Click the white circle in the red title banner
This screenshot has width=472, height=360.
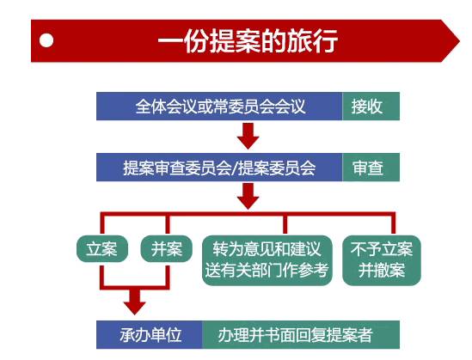coord(46,40)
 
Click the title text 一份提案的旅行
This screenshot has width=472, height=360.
coord(248,41)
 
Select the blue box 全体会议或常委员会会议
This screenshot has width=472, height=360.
coord(219,107)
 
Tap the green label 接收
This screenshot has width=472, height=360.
coord(371,107)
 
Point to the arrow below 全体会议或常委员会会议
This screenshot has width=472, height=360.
coord(248,136)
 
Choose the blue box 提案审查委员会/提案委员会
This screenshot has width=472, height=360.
coord(219,168)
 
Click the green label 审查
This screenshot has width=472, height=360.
coord(371,168)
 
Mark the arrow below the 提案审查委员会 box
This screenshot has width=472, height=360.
coord(248,197)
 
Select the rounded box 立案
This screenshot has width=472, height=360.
coord(102,248)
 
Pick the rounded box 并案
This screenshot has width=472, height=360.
coord(167,248)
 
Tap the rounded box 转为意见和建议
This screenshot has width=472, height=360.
coord(267,260)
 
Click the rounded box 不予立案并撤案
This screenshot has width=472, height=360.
coord(382,260)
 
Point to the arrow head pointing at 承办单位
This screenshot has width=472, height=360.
coord(135,308)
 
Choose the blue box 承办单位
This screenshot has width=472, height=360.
coord(150,335)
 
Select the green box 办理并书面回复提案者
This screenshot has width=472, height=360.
coord(301,335)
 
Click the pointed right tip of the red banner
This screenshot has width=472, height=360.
coord(460,41)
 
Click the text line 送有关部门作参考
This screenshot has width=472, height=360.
coord(267,270)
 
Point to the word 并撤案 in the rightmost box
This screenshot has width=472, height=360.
coord(382,270)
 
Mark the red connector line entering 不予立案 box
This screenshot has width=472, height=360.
coord(393,224)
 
